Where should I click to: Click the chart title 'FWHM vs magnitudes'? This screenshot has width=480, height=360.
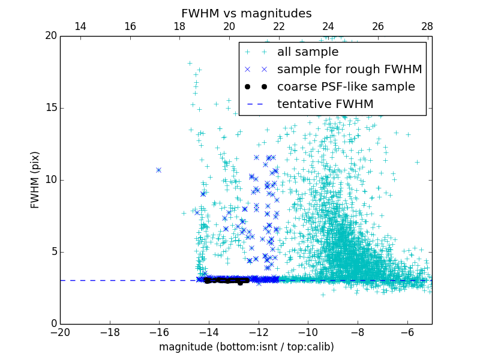click(246, 13)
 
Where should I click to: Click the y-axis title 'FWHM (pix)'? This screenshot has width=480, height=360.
click(35, 180)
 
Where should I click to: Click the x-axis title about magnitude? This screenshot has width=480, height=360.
click(246, 347)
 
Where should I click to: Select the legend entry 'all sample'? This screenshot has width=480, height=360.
click(308, 52)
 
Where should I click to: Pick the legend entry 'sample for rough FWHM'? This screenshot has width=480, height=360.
click(349, 69)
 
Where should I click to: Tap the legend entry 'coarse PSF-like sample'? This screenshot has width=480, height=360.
click(346, 86)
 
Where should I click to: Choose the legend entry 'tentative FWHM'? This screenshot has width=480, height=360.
click(325, 104)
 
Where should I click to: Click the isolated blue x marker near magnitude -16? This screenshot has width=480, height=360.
click(158, 170)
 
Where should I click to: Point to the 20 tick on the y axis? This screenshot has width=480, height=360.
click(50, 36)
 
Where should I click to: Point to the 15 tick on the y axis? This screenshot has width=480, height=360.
click(50, 108)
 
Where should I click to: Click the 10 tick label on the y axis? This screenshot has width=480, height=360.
click(50, 180)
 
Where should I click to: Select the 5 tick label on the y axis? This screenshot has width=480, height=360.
click(53, 252)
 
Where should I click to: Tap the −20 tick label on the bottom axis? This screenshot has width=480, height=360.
click(60, 332)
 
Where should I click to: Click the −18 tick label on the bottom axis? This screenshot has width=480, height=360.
click(109, 332)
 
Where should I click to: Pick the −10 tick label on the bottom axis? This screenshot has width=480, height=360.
click(308, 332)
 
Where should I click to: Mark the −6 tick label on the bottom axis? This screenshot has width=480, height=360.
click(407, 332)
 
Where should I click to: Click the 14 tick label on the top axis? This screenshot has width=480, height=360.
click(80, 26)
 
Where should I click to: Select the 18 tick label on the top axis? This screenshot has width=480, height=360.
click(179, 26)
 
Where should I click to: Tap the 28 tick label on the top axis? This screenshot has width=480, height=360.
click(427, 26)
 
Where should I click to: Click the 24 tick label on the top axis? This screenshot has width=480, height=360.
click(328, 26)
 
